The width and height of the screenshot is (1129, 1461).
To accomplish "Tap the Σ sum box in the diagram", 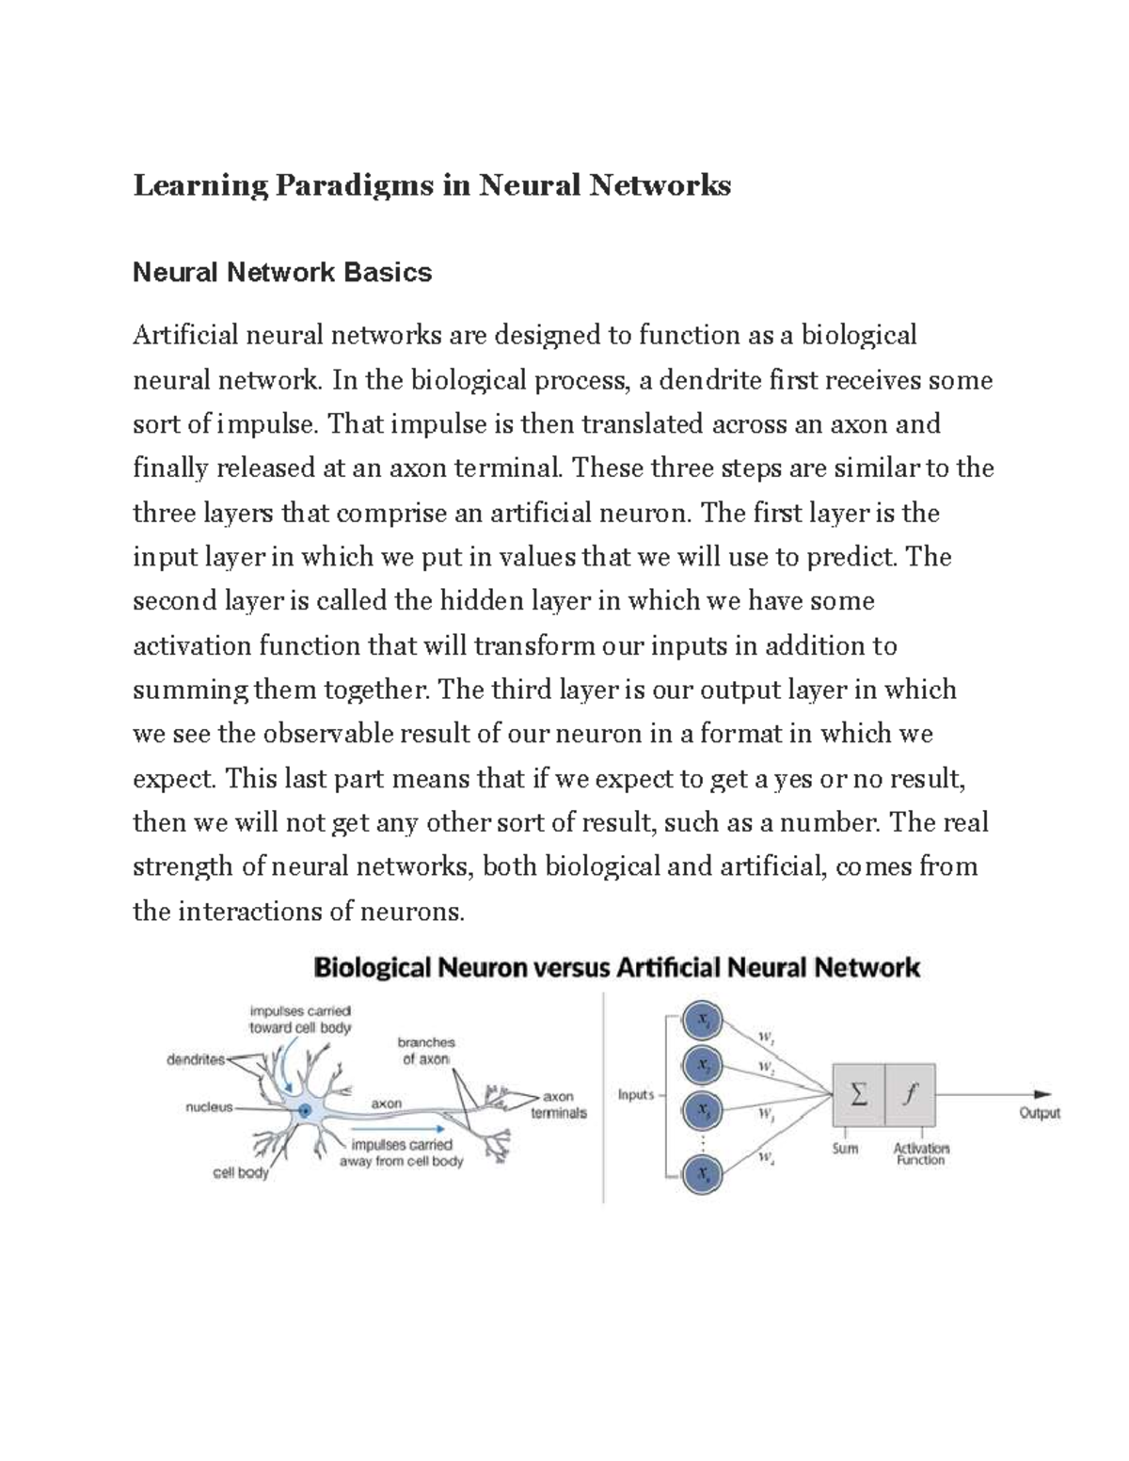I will [x=858, y=1094].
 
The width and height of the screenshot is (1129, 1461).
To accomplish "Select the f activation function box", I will [x=910, y=1094].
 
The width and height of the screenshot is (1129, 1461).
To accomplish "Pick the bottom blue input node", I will [x=702, y=1174].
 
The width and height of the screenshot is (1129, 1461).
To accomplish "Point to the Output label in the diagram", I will [x=1040, y=1113].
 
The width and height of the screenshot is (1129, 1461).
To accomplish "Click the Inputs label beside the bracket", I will [x=636, y=1095].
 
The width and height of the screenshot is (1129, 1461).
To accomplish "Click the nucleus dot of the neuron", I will [x=305, y=1111].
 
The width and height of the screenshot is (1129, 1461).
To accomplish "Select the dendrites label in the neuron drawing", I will [x=196, y=1059].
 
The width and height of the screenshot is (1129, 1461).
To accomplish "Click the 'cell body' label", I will [x=241, y=1173].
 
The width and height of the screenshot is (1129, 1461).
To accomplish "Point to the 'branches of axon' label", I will [x=426, y=1050].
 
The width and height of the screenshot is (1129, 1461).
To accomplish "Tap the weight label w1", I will [x=765, y=1040].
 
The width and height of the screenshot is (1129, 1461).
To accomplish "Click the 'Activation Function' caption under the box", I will [x=921, y=1154].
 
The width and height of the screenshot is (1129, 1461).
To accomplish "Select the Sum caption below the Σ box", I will [x=845, y=1149].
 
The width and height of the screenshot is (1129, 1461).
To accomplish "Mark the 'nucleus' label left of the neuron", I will [x=209, y=1107].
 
